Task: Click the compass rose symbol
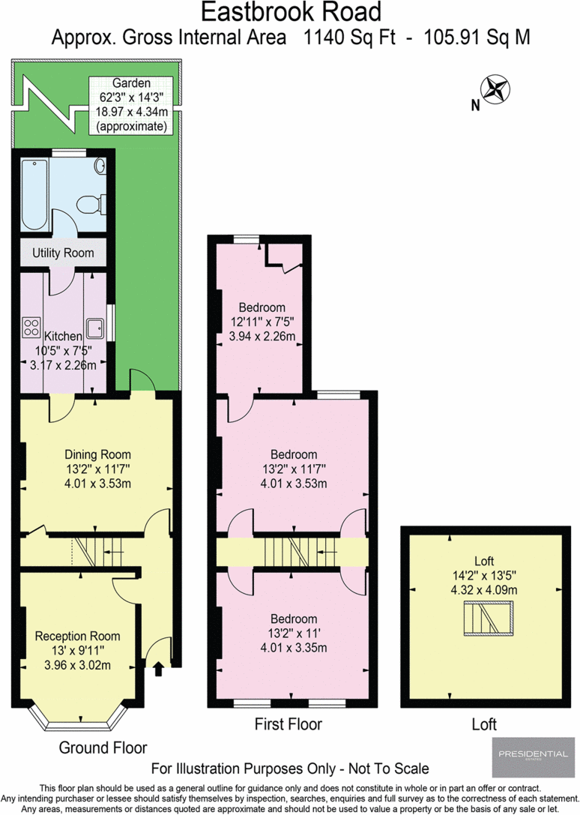click(496, 89)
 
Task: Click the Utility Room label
click(63, 253)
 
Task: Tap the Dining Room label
click(97, 454)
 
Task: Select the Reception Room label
click(78, 636)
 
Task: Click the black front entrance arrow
click(158, 668)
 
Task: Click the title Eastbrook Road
click(291, 12)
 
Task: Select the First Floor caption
click(289, 724)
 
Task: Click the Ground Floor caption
click(103, 748)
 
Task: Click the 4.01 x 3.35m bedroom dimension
click(294, 647)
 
